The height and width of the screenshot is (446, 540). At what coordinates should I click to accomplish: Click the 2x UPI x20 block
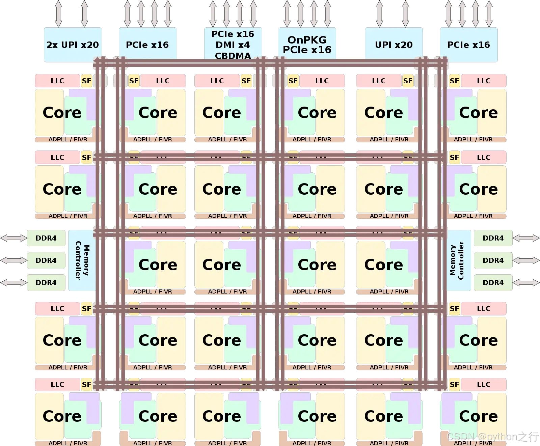[73, 45]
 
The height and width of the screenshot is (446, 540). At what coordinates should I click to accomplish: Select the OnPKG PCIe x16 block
[307, 45]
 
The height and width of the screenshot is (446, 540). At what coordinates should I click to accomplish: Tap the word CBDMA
[233, 56]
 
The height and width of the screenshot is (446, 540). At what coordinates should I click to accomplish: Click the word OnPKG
[307, 40]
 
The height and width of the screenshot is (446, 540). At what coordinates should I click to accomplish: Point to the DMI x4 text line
[233, 45]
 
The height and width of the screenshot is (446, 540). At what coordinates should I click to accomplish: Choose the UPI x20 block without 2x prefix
[394, 45]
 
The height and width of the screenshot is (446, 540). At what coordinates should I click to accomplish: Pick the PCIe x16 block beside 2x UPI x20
[147, 45]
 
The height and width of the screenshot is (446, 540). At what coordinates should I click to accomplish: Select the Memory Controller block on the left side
[82, 260]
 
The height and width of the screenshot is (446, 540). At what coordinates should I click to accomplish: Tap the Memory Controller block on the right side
[457, 260]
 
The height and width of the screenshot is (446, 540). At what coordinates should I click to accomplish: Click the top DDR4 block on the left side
[46, 238]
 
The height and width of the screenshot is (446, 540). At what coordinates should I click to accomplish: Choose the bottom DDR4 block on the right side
[493, 283]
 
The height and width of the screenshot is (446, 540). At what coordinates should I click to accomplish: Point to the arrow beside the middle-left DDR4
[13, 260]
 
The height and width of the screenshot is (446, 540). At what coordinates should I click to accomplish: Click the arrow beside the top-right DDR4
[526, 238]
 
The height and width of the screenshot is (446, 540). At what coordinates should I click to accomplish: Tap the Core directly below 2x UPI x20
[62, 113]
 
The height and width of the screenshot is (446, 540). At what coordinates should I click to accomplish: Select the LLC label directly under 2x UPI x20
[57, 81]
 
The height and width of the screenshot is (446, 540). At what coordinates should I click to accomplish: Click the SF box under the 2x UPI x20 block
[86, 81]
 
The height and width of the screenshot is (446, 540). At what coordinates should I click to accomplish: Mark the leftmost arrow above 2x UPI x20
[58, 13]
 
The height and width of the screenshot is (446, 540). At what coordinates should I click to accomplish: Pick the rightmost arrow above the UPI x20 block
[406, 13]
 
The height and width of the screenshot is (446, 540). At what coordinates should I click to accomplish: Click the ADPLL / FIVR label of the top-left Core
[68, 139]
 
